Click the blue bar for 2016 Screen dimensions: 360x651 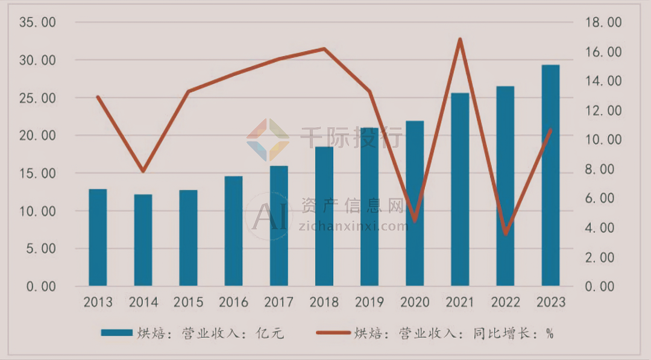[233, 231]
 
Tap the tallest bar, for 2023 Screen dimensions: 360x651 [550, 175]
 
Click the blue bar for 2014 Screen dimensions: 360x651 [143, 239]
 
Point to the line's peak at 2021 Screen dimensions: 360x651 [460, 40]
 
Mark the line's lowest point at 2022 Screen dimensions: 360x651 [505, 234]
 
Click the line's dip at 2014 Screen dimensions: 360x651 [143, 171]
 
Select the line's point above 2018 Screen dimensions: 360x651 [324, 49]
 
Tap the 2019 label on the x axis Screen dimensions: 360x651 [370, 302]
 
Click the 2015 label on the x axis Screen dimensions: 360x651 [188, 302]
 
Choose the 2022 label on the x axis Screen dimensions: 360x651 [505, 302]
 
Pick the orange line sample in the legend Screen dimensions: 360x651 [332, 333]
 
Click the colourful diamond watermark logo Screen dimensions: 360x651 [268, 140]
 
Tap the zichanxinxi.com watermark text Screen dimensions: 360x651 [353, 226]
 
